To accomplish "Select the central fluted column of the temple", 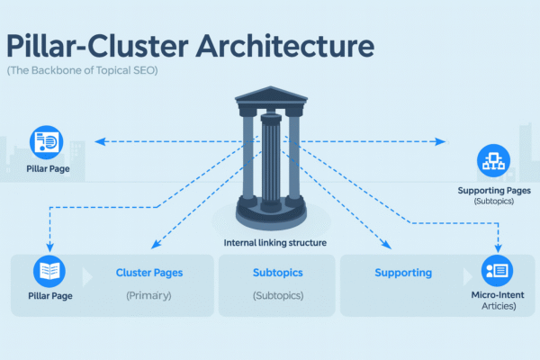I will tap(269, 162).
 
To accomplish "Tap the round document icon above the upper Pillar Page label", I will tap(46, 141).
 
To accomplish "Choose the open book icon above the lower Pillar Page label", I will tap(49, 271).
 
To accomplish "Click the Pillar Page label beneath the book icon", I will tap(49, 295).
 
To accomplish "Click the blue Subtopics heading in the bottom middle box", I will tap(277, 272).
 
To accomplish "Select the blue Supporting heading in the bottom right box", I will tap(403, 272).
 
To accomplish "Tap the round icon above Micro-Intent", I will tap(497, 271).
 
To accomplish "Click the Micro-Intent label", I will tap(497, 295).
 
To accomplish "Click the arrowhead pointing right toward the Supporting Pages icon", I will tap(441, 141).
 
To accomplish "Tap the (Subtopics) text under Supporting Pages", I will tap(493, 202).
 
